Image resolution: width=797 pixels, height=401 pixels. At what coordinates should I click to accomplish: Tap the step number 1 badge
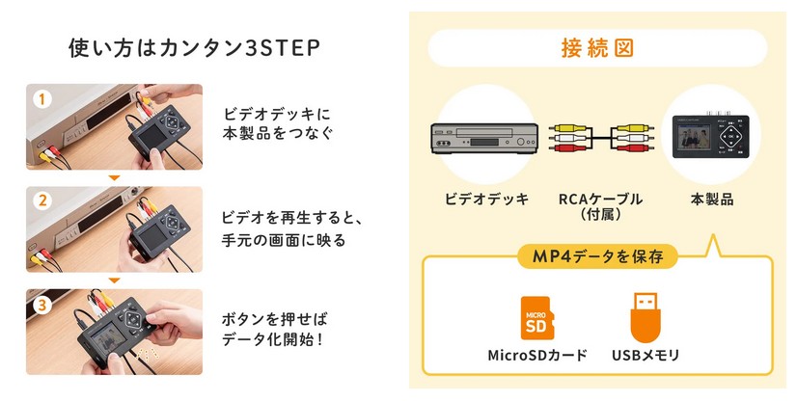pos(41,98)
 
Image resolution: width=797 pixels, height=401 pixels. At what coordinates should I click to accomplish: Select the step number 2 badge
pos(41,200)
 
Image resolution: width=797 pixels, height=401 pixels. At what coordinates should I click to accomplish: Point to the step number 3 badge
pos(41,304)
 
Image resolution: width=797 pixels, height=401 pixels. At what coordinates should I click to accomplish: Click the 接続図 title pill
pos(597,46)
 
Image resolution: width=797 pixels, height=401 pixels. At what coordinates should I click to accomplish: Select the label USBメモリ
pos(646,356)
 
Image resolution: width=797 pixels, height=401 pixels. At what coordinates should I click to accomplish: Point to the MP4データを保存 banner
pos(597,256)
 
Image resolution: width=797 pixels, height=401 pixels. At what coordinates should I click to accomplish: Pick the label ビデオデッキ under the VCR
pos(486,200)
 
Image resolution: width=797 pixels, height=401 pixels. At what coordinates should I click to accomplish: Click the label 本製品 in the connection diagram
pos(712,200)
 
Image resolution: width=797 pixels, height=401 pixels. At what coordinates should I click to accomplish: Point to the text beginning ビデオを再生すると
pos(283,226)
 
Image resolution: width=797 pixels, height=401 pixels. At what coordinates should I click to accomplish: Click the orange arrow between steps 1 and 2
pos(114,178)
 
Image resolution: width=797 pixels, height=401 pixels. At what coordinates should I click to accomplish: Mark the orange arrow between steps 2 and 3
pos(114,281)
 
